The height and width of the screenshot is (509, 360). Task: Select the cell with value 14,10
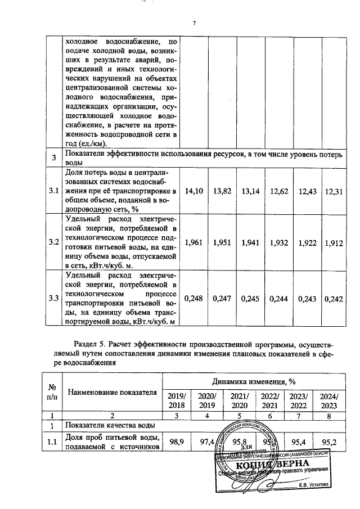click(x=193, y=192)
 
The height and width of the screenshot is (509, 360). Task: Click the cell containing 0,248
click(x=193, y=298)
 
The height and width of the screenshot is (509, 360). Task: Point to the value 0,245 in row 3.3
click(x=251, y=298)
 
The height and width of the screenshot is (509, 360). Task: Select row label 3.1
click(x=53, y=192)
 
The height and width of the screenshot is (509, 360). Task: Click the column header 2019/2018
click(x=176, y=400)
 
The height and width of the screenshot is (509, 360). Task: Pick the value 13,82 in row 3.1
click(x=223, y=192)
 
